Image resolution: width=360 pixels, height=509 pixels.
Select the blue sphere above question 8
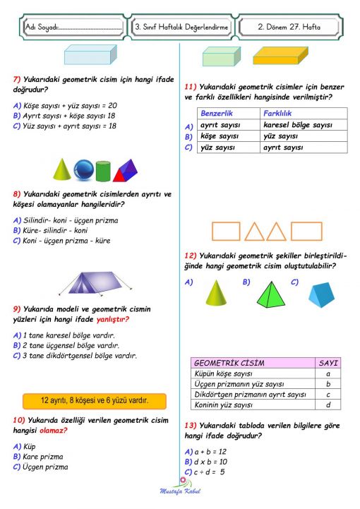(x=84, y=170)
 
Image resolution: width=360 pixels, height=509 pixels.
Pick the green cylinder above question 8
(x=104, y=171)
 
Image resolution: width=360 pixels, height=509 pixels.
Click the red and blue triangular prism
(x=125, y=170)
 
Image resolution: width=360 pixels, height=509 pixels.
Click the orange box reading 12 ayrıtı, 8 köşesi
(x=95, y=400)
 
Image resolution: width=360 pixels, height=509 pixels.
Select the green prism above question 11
(x=217, y=56)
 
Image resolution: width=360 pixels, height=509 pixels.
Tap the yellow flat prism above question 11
(x=280, y=55)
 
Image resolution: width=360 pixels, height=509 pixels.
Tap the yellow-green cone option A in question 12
(x=215, y=292)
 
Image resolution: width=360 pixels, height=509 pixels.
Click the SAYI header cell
(x=329, y=363)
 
